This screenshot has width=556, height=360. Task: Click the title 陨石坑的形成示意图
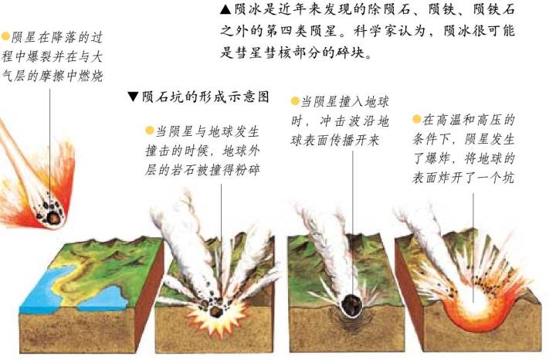point(205,97)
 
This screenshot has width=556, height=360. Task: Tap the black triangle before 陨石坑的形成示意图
point(133,97)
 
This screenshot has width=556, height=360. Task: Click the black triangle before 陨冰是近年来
point(225,9)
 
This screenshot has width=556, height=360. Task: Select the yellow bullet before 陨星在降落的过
point(5,36)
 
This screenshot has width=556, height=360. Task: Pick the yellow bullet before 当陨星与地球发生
point(149,131)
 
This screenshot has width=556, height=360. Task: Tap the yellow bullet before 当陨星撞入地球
point(295,101)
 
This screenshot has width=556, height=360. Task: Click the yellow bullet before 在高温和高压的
point(417,120)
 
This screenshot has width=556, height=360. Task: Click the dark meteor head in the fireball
point(53,217)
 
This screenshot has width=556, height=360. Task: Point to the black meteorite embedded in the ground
point(352,304)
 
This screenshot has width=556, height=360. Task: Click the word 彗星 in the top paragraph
point(241,53)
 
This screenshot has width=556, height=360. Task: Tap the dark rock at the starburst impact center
point(216,311)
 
